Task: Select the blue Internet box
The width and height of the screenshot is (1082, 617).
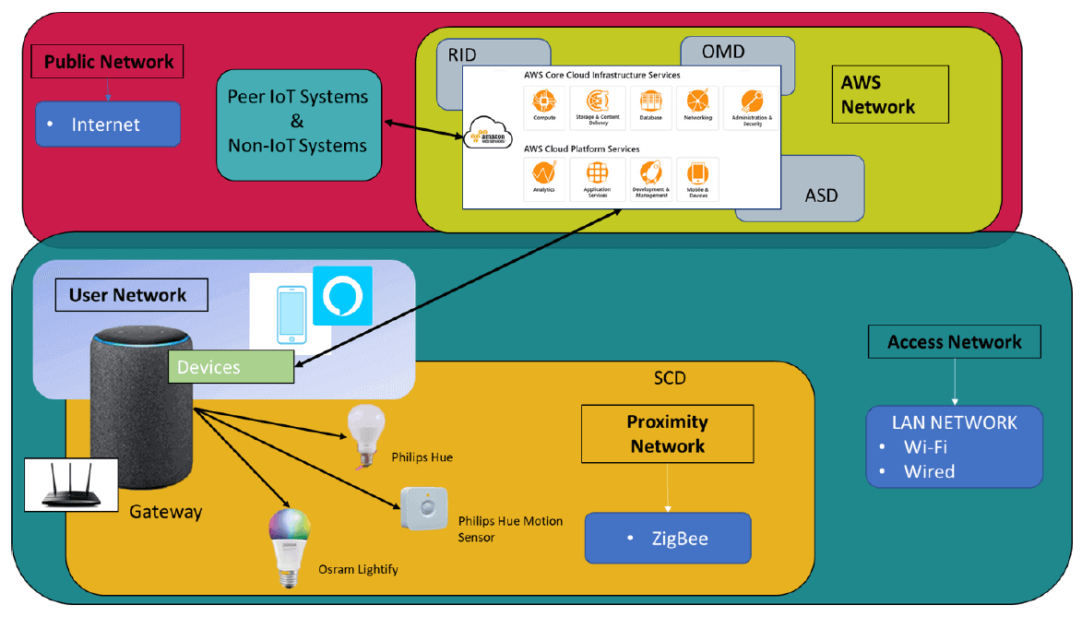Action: click(x=107, y=125)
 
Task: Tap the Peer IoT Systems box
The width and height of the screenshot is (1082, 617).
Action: click(x=298, y=122)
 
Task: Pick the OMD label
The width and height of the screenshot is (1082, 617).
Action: click(x=723, y=52)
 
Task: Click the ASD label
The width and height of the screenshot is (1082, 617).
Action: click(x=821, y=196)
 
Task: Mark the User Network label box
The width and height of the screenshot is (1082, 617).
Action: click(x=127, y=296)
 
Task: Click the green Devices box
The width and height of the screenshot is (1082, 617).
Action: click(x=231, y=367)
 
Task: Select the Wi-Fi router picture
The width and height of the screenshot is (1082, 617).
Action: click(x=70, y=483)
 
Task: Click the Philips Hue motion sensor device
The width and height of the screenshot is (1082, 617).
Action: click(x=423, y=508)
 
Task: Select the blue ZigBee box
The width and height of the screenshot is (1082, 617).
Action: click(x=668, y=539)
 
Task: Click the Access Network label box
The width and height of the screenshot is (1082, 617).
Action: click(x=955, y=343)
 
